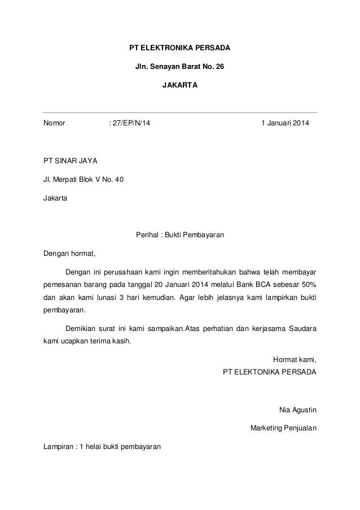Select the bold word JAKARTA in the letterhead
pyautogui.click(x=180, y=87)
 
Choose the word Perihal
pyautogui.click(x=148, y=235)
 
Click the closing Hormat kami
pyautogui.click(x=295, y=359)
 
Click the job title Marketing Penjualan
pyautogui.click(x=283, y=428)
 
